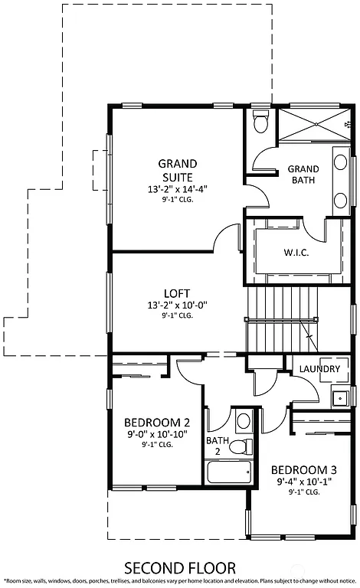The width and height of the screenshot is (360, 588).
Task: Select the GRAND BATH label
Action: click(x=303, y=175)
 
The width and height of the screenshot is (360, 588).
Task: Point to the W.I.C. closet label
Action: click(x=296, y=253)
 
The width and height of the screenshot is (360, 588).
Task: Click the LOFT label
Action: click(x=177, y=293)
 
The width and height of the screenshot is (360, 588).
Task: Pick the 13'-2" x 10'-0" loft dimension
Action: click(x=177, y=305)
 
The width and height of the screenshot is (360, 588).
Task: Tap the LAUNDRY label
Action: click(x=319, y=369)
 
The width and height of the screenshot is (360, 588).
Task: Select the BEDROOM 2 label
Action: click(x=156, y=422)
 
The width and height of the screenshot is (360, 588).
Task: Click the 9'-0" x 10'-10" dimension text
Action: click(x=156, y=434)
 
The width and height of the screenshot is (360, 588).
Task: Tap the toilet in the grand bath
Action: click(x=260, y=122)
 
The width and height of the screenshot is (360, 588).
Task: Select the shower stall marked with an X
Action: click(x=313, y=124)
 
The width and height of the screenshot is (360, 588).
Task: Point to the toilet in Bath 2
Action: click(x=241, y=446)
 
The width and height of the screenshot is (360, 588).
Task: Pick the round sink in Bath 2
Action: click(x=244, y=420)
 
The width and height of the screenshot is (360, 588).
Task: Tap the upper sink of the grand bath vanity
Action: click(x=341, y=162)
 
